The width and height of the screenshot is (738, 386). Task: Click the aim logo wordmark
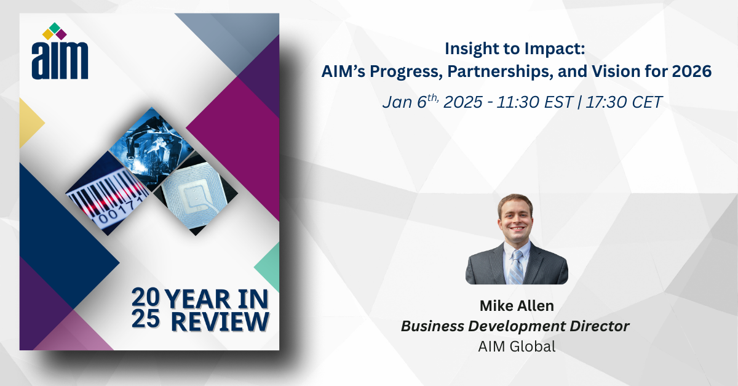coord(60,61)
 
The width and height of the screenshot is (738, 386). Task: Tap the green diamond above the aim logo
coord(54,28)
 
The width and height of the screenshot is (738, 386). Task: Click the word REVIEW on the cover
coord(220,321)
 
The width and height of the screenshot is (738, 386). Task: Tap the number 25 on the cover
coord(146,319)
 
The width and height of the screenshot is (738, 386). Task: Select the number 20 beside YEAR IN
coord(145,297)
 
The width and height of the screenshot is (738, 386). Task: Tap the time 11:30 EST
coord(534,102)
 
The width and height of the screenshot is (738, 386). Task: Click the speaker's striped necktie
coord(516,267)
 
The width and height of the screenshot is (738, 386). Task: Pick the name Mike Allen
coord(517,306)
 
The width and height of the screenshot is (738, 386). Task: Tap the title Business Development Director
coord(515,326)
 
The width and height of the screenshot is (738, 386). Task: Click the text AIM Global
coord(517,347)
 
